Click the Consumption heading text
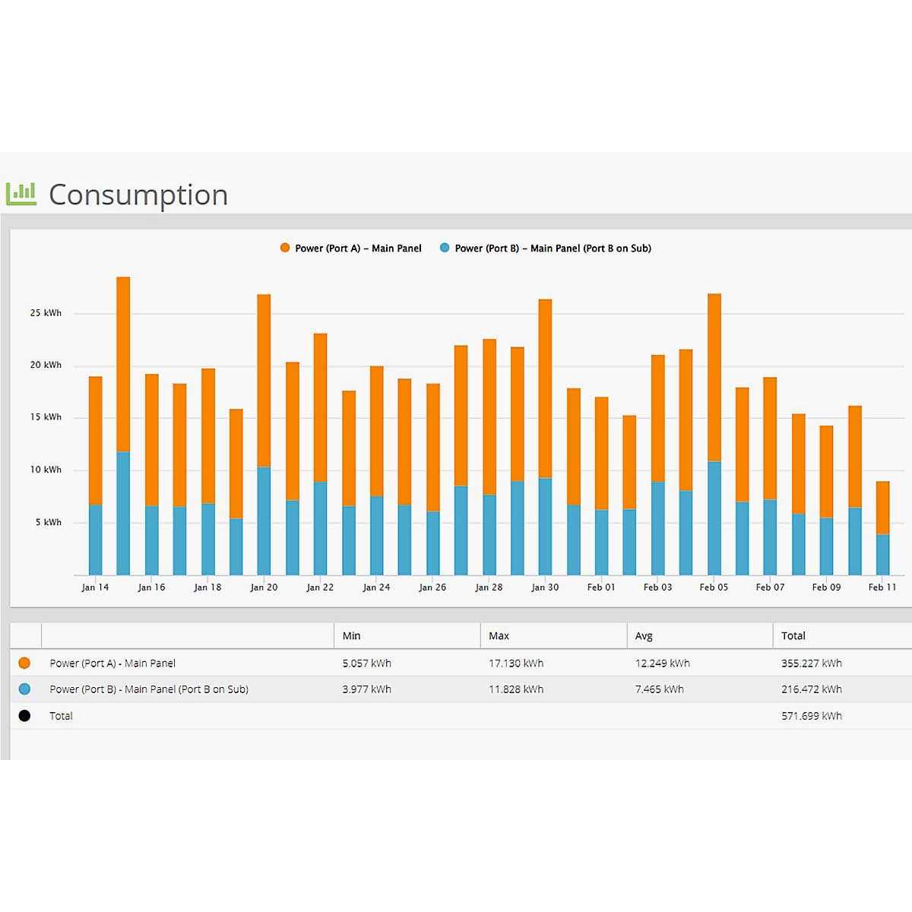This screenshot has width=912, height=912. [138, 195]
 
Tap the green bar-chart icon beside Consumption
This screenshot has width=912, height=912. [21, 194]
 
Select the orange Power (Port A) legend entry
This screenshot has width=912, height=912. [350, 249]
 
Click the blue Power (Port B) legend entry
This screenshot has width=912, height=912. [546, 249]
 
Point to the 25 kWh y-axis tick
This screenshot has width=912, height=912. [46, 313]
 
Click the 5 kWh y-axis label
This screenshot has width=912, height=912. [48, 522]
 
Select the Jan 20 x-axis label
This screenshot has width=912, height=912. [264, 587]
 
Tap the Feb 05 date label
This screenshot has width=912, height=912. [714, 587]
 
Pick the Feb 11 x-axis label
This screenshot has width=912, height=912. [882, 587]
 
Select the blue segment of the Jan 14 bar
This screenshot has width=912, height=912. [95, 540]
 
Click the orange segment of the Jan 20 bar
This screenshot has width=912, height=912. [264, 380]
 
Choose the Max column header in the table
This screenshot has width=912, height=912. [499, 636]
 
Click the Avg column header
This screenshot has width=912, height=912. [644, 636]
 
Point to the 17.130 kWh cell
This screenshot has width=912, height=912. [516, 663]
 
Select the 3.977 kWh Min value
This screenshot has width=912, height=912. [366, 689]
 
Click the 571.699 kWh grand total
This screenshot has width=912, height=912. [811, 716]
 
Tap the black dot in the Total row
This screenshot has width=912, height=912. [24, 716]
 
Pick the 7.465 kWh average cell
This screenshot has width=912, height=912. [659, 689]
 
